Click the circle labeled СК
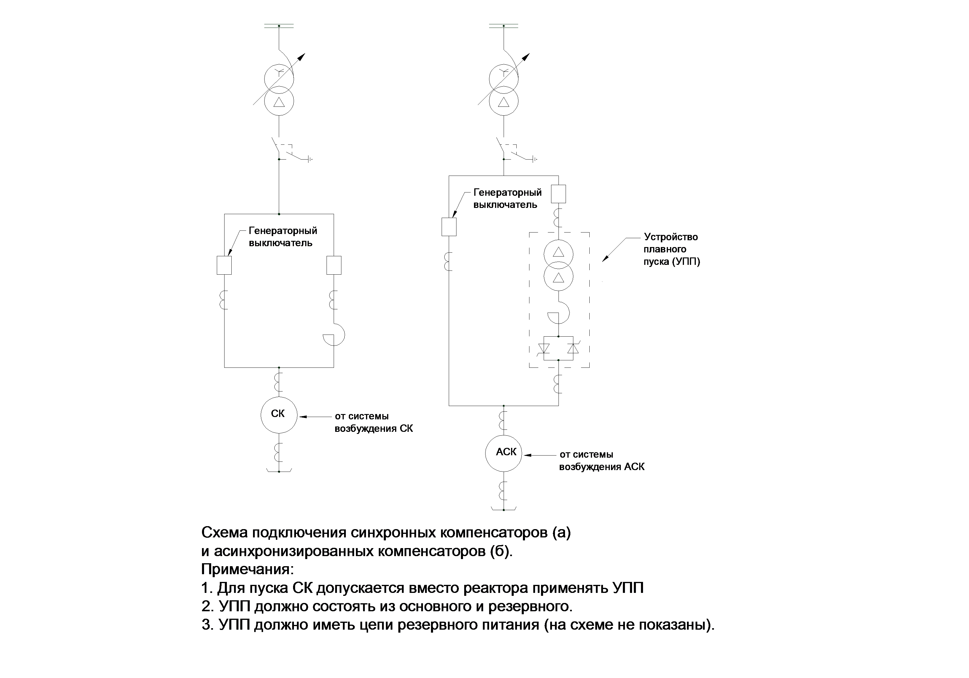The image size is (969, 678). (279, 415)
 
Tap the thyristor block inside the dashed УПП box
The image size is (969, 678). (559, 348)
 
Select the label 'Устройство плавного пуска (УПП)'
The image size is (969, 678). (671, 249)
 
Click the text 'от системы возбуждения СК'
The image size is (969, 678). (373, 422)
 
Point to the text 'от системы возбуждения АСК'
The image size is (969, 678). (602, 461)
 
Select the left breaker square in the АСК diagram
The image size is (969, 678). (449, 227)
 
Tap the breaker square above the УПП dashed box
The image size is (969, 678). (559, 194)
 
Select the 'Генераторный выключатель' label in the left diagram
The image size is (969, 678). (283, 237)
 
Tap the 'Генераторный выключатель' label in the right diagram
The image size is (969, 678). (507, 198)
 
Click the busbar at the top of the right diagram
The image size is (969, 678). (504, 26)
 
